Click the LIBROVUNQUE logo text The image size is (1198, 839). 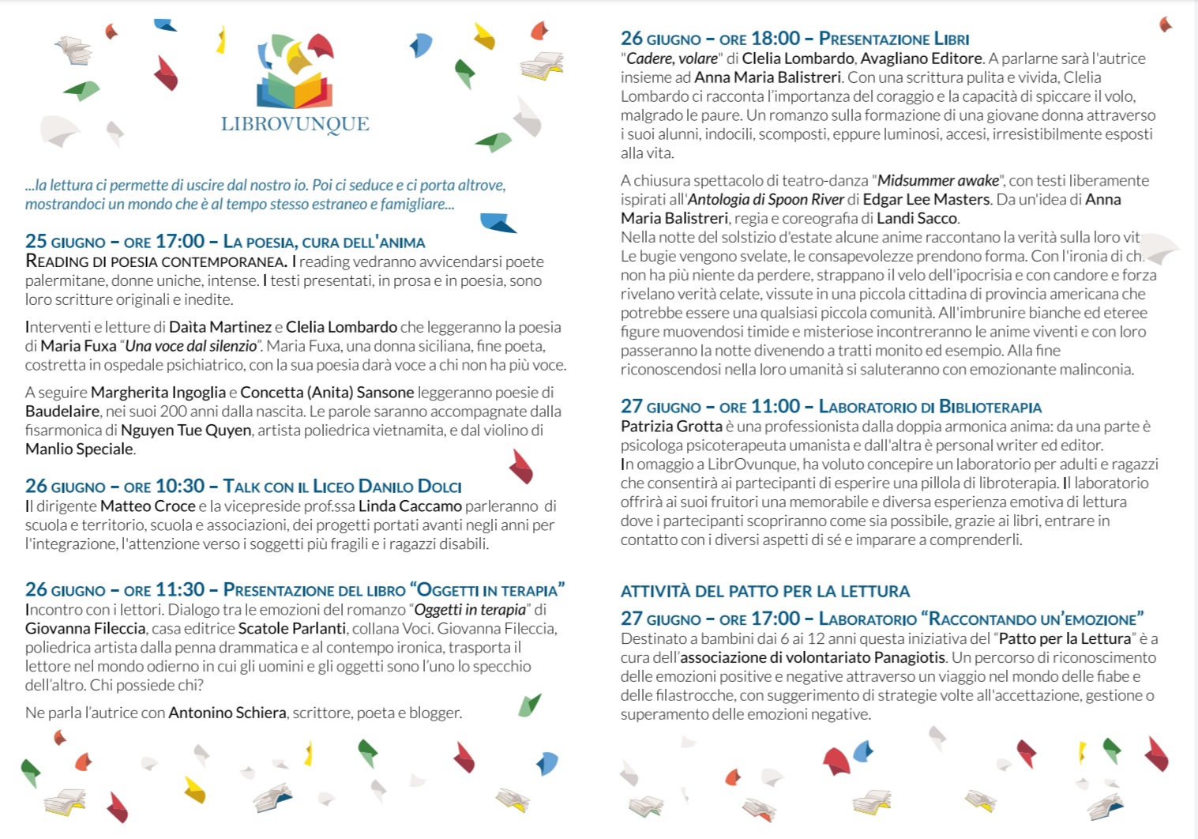[295, 123]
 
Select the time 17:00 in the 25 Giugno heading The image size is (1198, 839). [180, 241]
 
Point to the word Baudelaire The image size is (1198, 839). [62, 411]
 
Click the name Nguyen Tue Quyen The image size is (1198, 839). [186, 430]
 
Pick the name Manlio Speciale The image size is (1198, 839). [79, 449]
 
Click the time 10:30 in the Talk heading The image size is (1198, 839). [180, 486]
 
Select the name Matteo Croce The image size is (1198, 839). [148, 506]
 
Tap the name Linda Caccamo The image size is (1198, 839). [410, 506]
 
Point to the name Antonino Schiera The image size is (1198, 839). [227, 713]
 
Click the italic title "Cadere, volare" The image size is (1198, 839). [672, 58]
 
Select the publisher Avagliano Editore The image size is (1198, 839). [922, 58]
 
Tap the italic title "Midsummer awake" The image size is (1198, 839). [938, 180]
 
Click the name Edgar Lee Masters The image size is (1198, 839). [926, 199]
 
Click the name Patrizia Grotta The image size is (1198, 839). [671, 427]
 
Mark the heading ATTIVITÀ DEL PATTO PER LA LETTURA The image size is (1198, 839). [765, 591]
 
